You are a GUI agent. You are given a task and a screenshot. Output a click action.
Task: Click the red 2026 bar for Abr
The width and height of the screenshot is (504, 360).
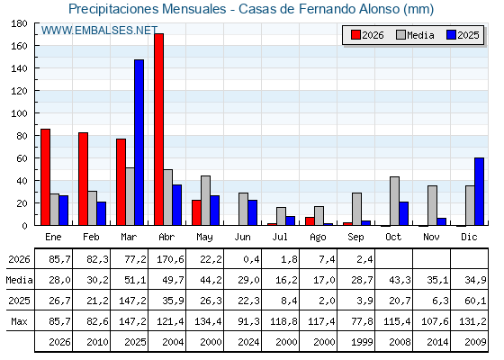coord(158,130)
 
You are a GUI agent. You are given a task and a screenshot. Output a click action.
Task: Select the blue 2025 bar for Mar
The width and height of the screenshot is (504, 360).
coord(139,142)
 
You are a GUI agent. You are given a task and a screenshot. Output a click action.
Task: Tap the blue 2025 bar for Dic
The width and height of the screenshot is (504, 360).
coord(479,192)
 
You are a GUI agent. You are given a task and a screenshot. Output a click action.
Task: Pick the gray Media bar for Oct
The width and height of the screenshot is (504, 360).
coord(395,201)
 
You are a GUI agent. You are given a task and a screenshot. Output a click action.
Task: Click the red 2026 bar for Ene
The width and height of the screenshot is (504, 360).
coord(45,177)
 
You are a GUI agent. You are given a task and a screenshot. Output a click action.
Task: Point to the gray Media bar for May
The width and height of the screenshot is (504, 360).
coord(206,201)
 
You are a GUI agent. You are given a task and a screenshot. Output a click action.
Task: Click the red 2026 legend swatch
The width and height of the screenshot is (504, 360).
coord(355,35)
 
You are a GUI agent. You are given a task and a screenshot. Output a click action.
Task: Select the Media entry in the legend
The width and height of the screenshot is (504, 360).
coord(415,35)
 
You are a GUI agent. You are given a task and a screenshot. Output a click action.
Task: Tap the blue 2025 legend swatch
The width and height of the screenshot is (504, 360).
coord(451,35)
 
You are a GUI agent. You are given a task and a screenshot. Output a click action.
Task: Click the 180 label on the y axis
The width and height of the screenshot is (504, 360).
coord(19,23)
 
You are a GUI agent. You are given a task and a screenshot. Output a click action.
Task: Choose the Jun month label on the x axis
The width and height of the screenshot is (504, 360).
coord(242,238)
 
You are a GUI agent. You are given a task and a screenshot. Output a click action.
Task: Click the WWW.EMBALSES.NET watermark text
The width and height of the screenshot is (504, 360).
coord(99,31)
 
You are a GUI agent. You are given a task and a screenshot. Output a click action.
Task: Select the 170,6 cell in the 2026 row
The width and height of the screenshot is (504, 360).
coord(170,259)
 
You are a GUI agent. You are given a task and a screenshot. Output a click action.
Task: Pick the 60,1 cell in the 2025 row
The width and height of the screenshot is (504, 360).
coord(475,301)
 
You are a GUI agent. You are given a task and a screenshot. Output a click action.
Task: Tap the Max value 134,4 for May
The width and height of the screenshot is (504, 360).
coord(208,321)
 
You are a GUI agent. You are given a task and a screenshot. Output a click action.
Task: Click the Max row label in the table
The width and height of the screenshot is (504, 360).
coord(19,321)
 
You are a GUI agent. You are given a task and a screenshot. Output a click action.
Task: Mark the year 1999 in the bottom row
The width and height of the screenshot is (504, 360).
coord(362,342)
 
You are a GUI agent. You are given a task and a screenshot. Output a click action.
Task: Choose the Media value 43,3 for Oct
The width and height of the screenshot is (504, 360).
coord(400,280)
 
